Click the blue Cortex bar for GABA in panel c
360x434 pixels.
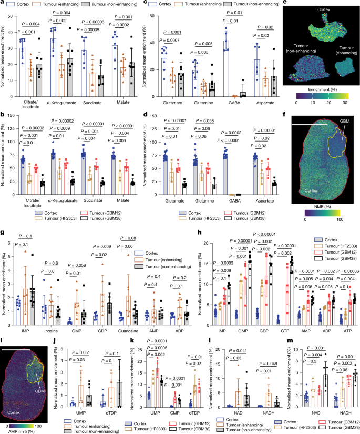pyautogui.click(x=227, y=68)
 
